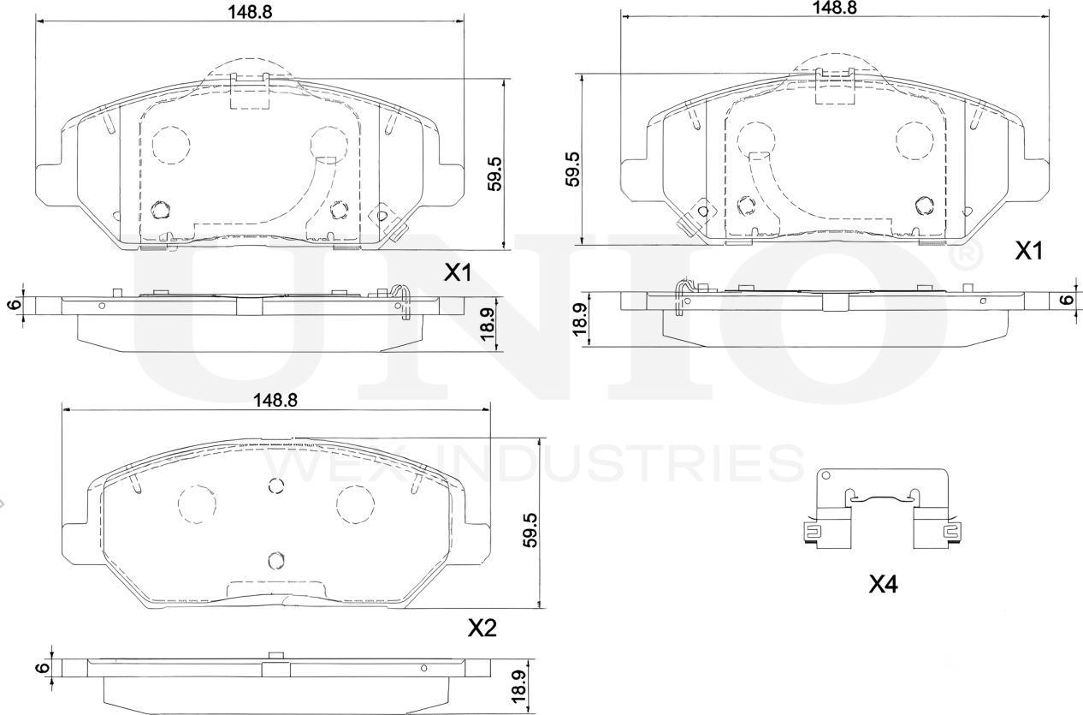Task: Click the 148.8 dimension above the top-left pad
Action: (x=244, y=11)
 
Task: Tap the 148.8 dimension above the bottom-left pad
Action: (x=275, y=400)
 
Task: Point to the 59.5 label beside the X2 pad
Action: (x=530, y=530)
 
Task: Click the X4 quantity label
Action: (x=883, y=585)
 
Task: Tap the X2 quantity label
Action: (x=482, y=629)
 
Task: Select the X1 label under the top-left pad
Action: (x=458, y=273)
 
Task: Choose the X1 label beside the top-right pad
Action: (x=1029, y=251)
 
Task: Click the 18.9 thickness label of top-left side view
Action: (x=488, y=324)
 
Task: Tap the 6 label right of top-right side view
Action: (x=1065, y=300)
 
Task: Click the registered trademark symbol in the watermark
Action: (x=967, y=255)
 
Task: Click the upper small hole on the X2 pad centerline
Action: (x=275, y=486)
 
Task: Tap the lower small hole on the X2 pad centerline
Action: (x=275, y=560)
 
